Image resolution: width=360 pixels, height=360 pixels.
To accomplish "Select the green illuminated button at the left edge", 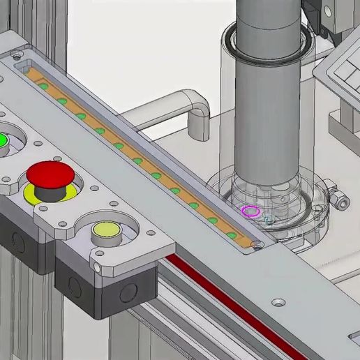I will pos(3,140).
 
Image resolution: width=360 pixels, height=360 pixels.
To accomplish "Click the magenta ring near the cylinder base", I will pos(250,211).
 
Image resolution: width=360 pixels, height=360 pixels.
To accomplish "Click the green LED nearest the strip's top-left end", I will pos(43,87).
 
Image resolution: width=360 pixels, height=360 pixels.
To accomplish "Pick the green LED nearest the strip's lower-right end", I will pos(232,235).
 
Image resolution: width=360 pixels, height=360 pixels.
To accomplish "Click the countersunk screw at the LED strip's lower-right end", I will pos(260,245).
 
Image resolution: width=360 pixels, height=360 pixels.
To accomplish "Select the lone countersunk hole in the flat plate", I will pos(278,303).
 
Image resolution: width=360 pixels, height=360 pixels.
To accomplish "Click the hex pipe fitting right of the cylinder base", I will pos(340,201).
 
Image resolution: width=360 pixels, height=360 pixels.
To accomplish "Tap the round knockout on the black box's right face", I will pos(128,292).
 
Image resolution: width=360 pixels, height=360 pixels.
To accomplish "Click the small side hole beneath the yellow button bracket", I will pos(97,267).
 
